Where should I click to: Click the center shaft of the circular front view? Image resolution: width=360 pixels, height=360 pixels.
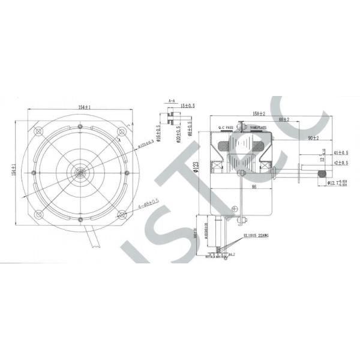click(80, 173)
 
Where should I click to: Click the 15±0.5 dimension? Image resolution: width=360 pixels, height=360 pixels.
click(187, 107)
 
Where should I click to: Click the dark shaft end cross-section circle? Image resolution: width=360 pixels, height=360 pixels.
click(321, 173)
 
